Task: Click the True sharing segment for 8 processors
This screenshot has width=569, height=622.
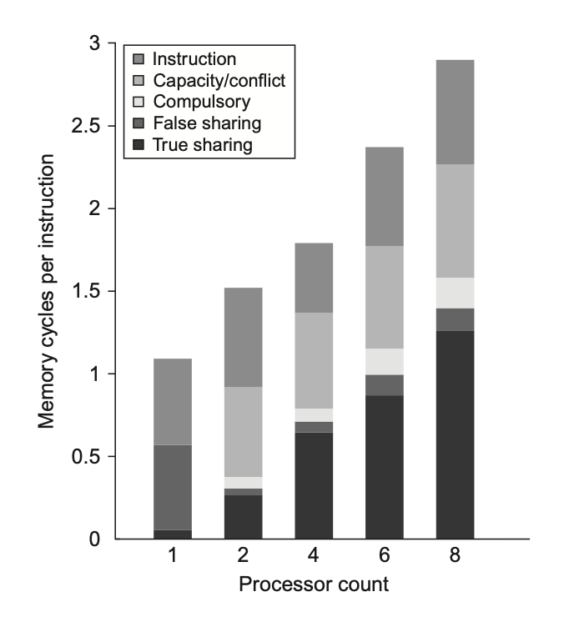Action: pyautogui.click(x=456, y=434)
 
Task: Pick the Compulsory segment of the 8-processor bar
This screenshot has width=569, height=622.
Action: pyautogui.click(x=456, y=293)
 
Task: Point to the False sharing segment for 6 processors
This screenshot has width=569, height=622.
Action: pyautogui.click(x=385, y=385)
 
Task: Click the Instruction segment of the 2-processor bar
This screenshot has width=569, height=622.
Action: pyautogui.click(x=243, y=338)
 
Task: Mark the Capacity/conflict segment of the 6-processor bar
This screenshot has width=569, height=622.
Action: pyautogui.click(x=385, y=297)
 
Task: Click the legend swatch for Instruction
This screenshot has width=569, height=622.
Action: pyautogui.click(x=138, y=59)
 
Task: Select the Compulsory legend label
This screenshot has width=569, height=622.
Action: pyautogui.click(x=202, y=103)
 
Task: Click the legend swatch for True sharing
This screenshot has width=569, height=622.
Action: pyautogui.click(x=138, y=146)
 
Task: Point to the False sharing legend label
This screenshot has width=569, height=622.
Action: pyautogui.click(x=207, y=124)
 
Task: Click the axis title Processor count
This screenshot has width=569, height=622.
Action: pyautogui.click(x=314, y=584)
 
